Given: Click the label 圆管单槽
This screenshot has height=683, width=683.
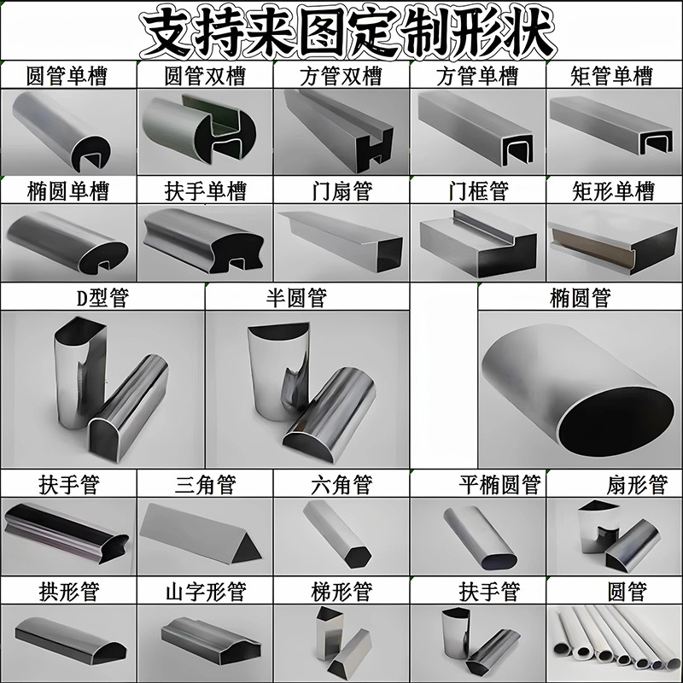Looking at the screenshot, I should (67, 77).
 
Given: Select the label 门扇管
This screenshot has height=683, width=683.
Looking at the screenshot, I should (341, 190).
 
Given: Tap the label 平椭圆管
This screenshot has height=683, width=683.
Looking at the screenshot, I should (499, 485).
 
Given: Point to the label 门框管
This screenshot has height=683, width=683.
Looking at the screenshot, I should (478, 190).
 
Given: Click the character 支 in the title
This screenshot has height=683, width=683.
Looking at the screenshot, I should (167, 32).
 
